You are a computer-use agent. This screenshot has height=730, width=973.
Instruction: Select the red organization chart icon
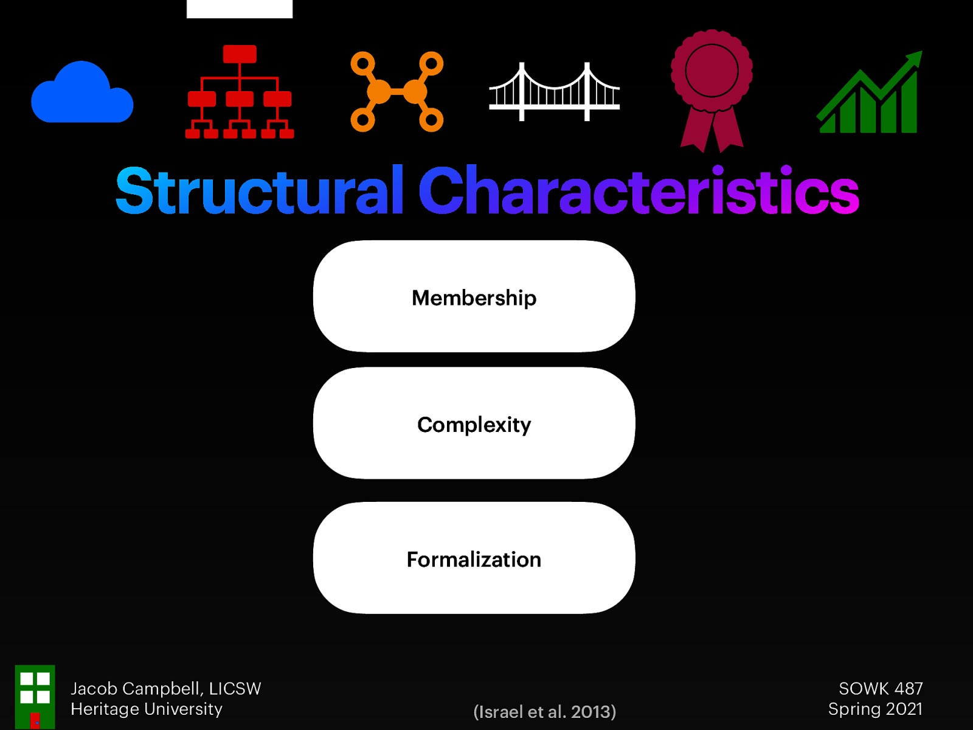[240, 92]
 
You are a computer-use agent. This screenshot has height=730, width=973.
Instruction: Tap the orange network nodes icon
[396, 92]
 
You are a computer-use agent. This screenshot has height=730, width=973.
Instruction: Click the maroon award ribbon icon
[712, 88]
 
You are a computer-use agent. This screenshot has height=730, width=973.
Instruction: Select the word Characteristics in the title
[639, 191]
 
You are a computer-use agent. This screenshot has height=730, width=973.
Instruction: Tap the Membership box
[474, 297]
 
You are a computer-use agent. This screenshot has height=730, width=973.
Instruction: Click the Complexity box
[474, 423]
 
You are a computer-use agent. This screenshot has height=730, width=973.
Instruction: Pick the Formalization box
[474, 558]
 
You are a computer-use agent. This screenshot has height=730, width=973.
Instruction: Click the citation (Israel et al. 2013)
[544, 711]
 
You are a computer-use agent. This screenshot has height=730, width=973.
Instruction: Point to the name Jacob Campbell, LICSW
[165, 689]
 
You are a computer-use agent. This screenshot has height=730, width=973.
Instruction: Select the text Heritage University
[147, 709]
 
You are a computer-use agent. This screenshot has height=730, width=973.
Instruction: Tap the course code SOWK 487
[881, 689]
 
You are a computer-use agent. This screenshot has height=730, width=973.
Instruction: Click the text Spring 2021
[875, 709]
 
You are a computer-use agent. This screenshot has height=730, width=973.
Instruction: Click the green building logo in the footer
[35, 697]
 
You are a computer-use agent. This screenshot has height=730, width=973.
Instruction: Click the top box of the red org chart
[240, 54]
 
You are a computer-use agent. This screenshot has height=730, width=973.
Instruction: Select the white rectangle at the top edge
[240, 9]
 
